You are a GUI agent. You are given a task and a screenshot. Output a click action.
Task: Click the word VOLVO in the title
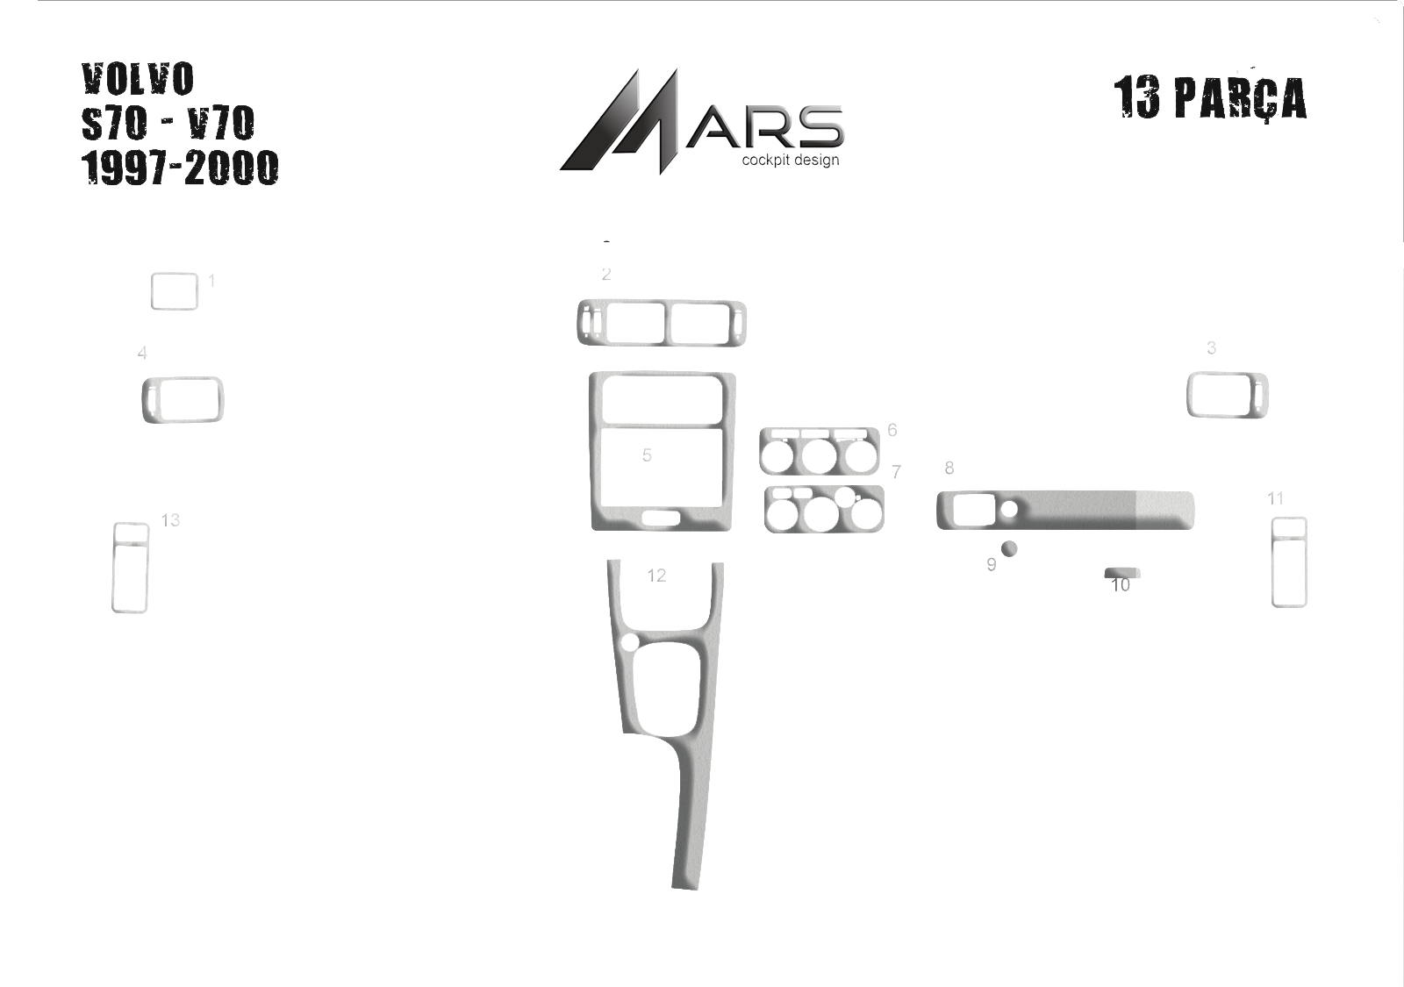pos(137,79)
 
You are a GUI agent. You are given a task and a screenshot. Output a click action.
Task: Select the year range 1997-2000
pos(180,168)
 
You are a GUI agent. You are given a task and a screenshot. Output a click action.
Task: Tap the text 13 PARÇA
pos(1210,98)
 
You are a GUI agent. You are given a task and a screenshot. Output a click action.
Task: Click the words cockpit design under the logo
pos(791,160)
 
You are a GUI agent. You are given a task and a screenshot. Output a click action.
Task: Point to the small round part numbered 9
pos(1009,549)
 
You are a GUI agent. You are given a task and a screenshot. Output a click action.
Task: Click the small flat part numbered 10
pos(1122,573)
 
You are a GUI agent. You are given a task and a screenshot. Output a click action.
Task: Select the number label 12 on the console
pos(656,576)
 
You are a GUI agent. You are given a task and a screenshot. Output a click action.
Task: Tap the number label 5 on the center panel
pos(647,455)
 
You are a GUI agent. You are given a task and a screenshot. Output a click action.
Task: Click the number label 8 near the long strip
pos(949,468)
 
